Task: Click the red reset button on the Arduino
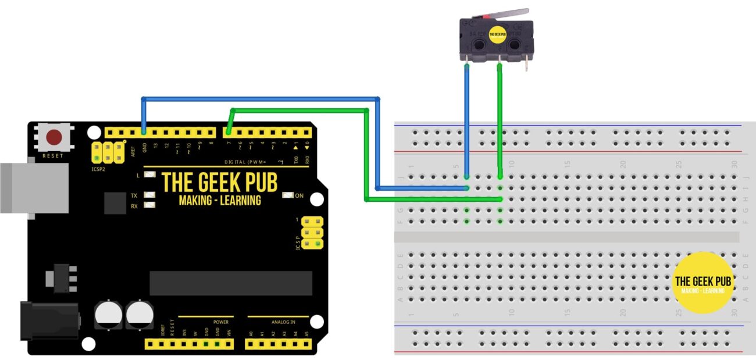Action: pos(54,138)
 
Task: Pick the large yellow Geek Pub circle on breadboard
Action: pos(703,282)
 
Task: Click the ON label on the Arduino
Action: pos(299,196)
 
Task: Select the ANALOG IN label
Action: pos(283,322)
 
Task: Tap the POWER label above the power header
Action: pos(221,322)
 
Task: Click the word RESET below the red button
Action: pos(53,156)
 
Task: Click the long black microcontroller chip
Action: pos(230,283)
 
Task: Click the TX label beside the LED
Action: pos(134,196)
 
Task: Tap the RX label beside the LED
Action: pos(134,206)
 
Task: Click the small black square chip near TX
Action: pos(115,204)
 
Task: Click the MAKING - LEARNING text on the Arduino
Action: pos(220,201)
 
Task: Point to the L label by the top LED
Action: pos(138,175)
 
